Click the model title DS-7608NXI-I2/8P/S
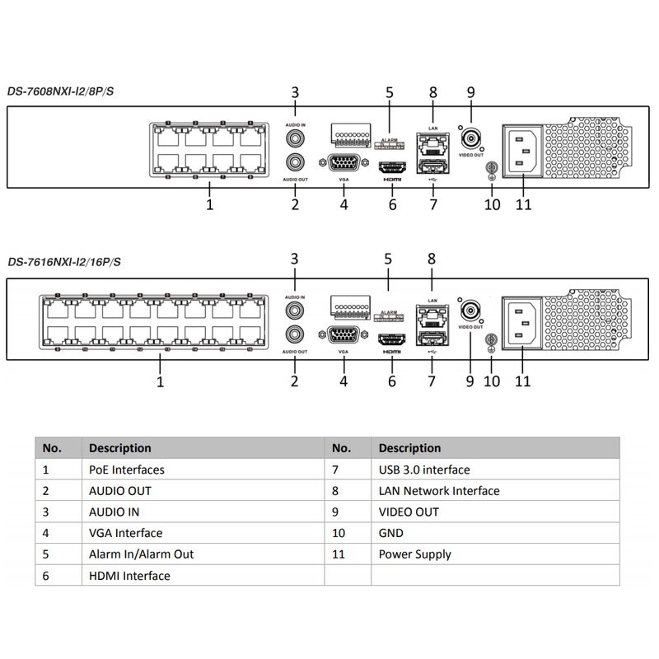[60, 91]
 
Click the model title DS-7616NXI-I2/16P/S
[64, 262]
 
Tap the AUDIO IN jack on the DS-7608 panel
[295, 138]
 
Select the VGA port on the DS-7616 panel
[344, 335]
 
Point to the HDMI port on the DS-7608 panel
[392, 168]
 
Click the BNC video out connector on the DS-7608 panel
[471, 138]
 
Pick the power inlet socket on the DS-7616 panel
[522, 323]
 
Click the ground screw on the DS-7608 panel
[491, 168]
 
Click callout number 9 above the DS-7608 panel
[470, 92]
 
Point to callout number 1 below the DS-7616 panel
[160, 381]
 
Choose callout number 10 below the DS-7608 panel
[492, 204]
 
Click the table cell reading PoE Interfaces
[127, 470]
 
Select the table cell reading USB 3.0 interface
[424, 470]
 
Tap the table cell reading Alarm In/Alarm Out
[141, 554]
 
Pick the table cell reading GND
[390, 533]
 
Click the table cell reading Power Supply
[415, 554]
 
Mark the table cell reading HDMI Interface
[129, 575]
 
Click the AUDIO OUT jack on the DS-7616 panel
[295, 334]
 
